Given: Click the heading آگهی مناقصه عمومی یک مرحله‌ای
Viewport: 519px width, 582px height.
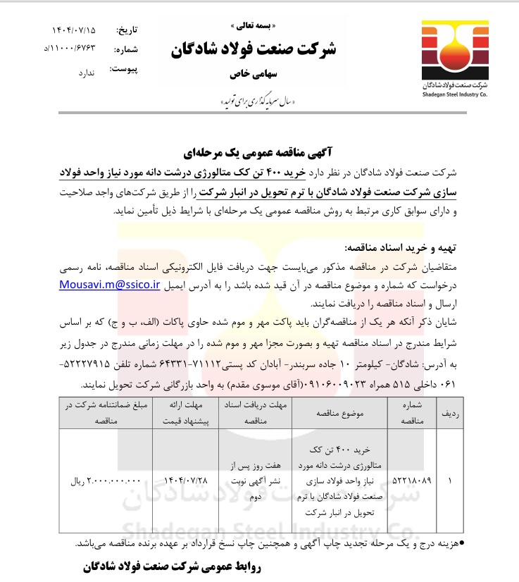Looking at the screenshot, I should tap(263, 151).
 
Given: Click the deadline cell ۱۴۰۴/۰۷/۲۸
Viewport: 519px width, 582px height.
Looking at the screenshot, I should tap(185, 482).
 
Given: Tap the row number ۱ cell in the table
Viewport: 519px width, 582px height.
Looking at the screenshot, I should tap(450, 482).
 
